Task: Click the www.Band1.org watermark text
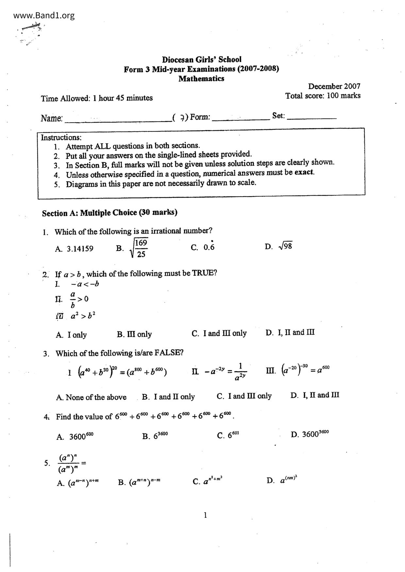[x=44, y=15]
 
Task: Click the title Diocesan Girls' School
[x=202, y=60]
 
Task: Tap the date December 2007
[x=334, y=86]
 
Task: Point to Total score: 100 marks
[x=323, y=96]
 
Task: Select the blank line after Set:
[x=311, y=117]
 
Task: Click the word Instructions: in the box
[x=61, y=137]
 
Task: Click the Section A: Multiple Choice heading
[x=109, y=213]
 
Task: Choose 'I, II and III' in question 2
[x=296, y=333]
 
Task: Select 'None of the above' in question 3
[x=96, y=397]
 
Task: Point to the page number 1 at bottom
[x=205, y=516]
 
